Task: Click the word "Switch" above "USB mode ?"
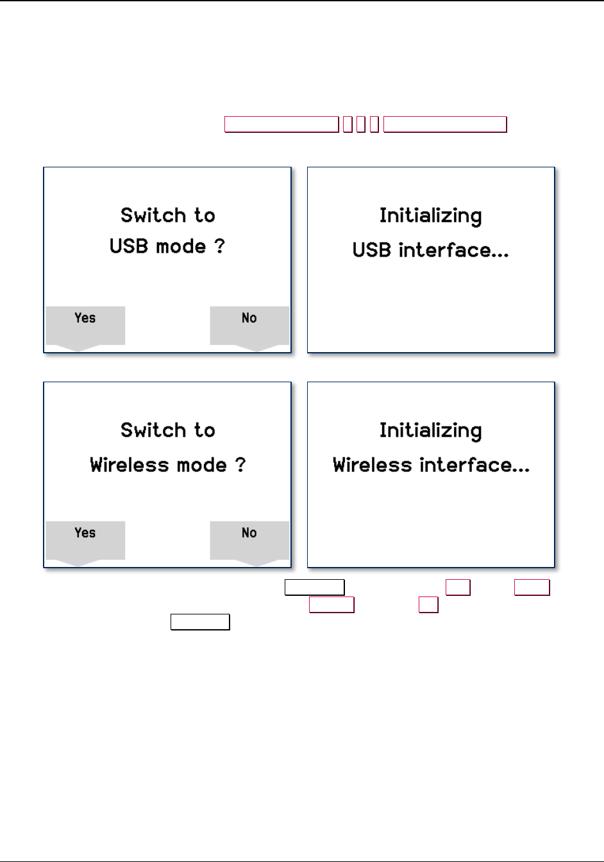pos(151,216)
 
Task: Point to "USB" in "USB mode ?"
pos(129,247)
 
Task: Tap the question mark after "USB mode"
pos(220,247)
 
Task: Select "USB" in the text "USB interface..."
pos(372,249)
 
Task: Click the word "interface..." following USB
pos(453,249)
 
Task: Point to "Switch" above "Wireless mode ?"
pos(151,430)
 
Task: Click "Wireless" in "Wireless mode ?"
pos(123,465)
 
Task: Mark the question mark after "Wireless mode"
pos(240,465)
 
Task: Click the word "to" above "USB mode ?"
pos(205,216)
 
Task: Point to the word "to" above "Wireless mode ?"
pos(205,430)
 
